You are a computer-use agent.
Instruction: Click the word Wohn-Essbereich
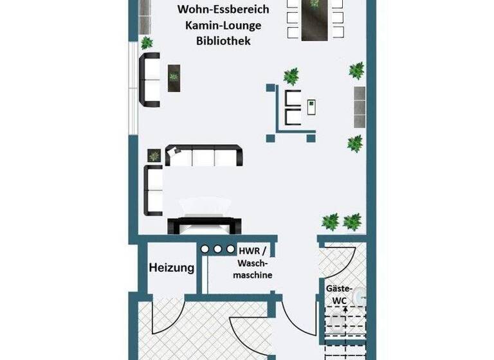click(223, 10)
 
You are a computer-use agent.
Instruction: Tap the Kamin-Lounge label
click(223, 25)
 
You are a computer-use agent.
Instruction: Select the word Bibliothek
click(223, 40)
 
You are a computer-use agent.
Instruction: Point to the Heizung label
click(172, 268)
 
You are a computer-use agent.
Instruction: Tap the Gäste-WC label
click(339, 295)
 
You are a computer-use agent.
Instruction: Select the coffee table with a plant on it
click(173, 78)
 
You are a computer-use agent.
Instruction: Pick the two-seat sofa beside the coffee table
click(151, 80)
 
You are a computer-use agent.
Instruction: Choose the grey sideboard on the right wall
click(358, 101)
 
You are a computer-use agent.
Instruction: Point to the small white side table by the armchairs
click(312, 106)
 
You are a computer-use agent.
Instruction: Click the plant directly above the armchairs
click(291, 76)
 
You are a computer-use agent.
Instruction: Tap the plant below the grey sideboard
click(355, 143)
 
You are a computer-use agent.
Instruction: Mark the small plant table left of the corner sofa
click(154, 156)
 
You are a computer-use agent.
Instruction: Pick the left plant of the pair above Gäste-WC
click(331, 222)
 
